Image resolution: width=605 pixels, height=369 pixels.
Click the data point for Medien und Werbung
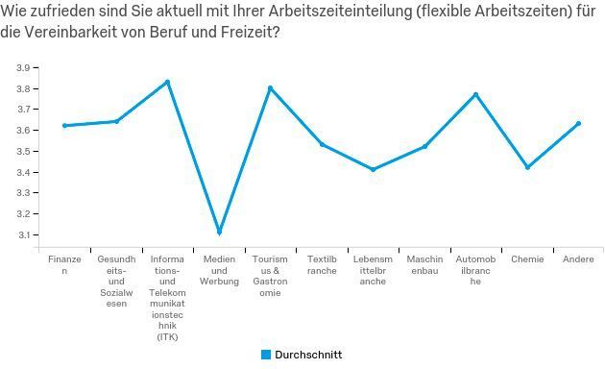click(220, 232)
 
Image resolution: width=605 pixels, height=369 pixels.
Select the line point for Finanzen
click(64, 125)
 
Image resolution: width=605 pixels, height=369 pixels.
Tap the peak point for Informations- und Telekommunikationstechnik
click(167, 82)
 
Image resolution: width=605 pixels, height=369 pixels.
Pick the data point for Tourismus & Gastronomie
click(270, 88)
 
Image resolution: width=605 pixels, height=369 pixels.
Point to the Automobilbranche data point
click(475, 94)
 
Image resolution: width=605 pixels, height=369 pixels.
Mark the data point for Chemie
click(527, 167)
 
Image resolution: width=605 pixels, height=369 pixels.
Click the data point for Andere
click(578, 123)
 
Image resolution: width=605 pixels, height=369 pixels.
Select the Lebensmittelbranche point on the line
click(373, 169)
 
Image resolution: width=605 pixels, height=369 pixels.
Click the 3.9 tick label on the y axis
click(22, 68)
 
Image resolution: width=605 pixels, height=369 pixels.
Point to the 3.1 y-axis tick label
click(22, 234)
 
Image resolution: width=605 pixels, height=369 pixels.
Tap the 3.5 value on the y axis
click(22, 152)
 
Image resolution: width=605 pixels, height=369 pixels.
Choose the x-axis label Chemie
click(527, 259)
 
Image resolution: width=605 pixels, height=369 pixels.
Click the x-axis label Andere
click(578, 259)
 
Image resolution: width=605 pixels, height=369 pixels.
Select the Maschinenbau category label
click(423, 265)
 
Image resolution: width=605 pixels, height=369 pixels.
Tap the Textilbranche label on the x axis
click(322, 265)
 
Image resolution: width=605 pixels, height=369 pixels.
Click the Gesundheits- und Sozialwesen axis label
click(116, 282)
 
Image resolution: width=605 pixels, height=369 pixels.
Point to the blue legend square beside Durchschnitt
click(266, 354)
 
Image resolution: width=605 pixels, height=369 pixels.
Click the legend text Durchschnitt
click(308, 355)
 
